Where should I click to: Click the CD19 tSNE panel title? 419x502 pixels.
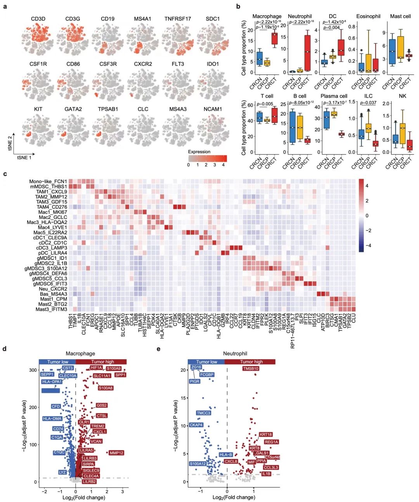[x=108, y=19]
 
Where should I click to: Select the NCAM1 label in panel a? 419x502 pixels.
[x=213, y=109]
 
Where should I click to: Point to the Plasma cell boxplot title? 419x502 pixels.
[x=334, y=96]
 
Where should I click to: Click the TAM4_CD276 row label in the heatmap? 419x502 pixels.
[x=52, y=207]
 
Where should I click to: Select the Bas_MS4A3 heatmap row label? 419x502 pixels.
[x=54, y=294]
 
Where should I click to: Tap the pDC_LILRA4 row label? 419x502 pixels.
[x=52, y=253]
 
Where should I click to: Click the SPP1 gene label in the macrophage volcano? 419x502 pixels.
[x=121, y=375]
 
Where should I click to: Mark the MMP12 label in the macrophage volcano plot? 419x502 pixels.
[x=116, y=453]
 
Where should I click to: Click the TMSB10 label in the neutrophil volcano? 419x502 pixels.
[x=251, y=369]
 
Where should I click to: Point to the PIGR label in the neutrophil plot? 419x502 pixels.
[x=194, y=381]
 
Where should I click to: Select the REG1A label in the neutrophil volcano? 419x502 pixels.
[x=272, y=442]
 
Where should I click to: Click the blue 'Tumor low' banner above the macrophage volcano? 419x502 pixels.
[x=57, y=362]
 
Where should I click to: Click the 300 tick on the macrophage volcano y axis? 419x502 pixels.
[x=33, y=370]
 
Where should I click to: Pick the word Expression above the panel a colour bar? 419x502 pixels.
[x=199, y=152]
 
